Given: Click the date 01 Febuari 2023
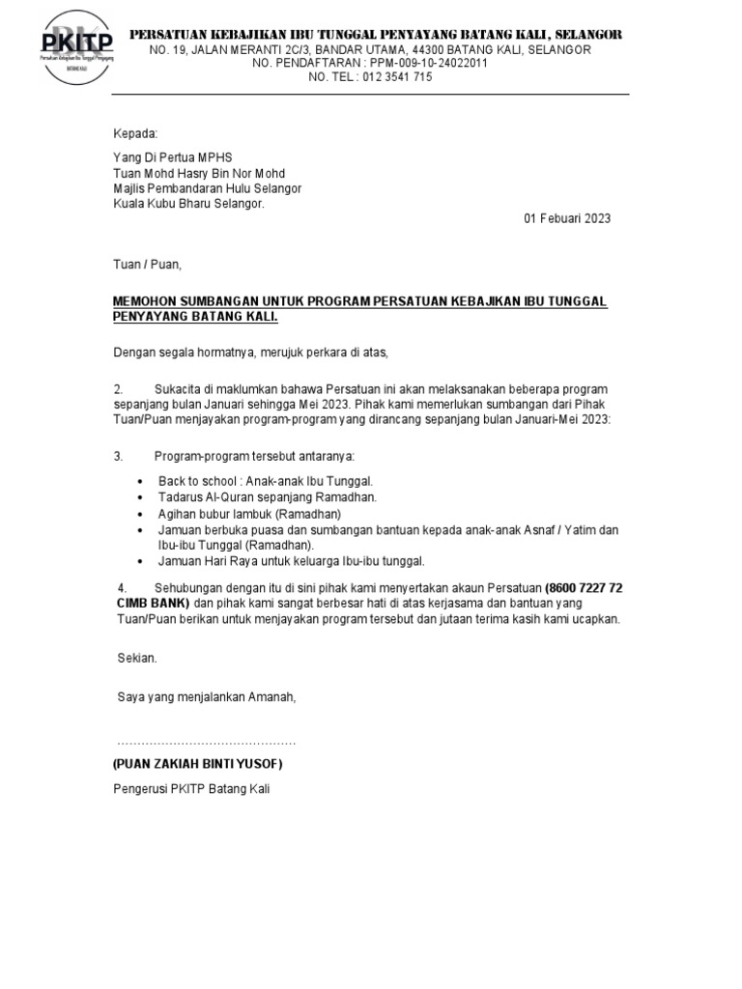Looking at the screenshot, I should (567, 219).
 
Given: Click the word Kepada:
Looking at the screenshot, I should (135, 133).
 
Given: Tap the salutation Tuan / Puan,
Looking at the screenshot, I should (148, 264).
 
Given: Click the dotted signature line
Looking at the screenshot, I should (207, 742).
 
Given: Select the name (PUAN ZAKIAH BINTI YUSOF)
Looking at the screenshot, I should (198, 764).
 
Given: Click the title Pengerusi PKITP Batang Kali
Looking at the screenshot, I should (192, 789).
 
